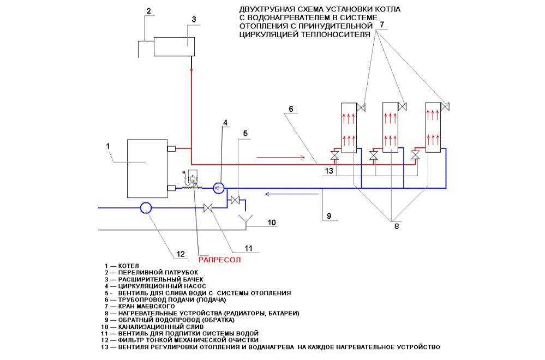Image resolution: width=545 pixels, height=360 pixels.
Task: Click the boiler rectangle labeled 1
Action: coord(147,168)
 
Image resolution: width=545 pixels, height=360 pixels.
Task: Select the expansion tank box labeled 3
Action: coord(174,46)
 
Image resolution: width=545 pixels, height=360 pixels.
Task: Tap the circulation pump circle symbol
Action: coord(219,188)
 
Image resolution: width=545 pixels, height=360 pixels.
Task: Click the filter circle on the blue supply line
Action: coord(146,208)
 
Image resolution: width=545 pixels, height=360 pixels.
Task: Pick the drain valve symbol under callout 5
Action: coord(235,200)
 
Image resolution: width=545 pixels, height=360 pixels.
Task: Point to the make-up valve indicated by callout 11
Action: coord(208,208)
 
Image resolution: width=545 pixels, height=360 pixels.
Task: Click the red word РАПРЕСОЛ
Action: coord(219,259)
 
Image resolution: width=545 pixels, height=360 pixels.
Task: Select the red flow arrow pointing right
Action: coord(281,158)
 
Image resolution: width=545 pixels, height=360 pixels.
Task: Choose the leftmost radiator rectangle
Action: coord(349,128)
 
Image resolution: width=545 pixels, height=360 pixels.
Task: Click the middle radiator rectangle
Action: coord(390,128)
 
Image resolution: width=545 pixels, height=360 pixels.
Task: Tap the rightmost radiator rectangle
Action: coord(433,128)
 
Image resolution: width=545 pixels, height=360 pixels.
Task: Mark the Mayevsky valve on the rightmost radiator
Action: coord(446,106)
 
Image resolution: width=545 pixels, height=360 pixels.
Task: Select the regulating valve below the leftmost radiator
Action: coord(335,155)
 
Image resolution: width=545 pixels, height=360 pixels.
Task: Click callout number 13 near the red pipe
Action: coord(329,171)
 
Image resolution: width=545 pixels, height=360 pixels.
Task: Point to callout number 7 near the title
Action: coord(382,25)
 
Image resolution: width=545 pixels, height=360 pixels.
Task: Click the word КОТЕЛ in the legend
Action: coord(128,266)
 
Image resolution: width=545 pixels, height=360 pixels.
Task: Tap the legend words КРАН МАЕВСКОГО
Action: coord(146,307)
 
